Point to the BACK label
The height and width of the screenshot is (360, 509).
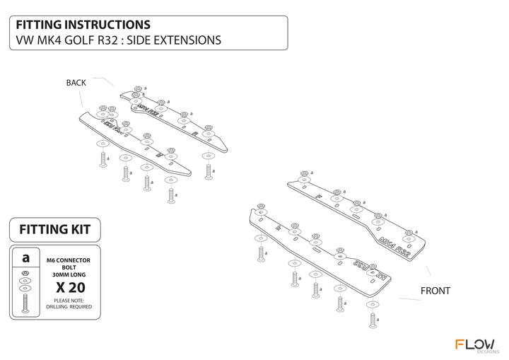(76, 83)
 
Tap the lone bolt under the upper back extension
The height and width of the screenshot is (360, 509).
(207, 170)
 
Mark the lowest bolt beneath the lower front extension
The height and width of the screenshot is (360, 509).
(372, 320)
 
